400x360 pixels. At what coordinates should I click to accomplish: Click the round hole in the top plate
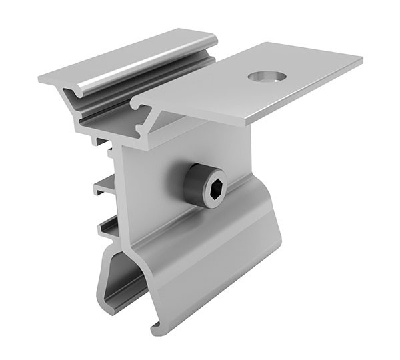tap(267, 77)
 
